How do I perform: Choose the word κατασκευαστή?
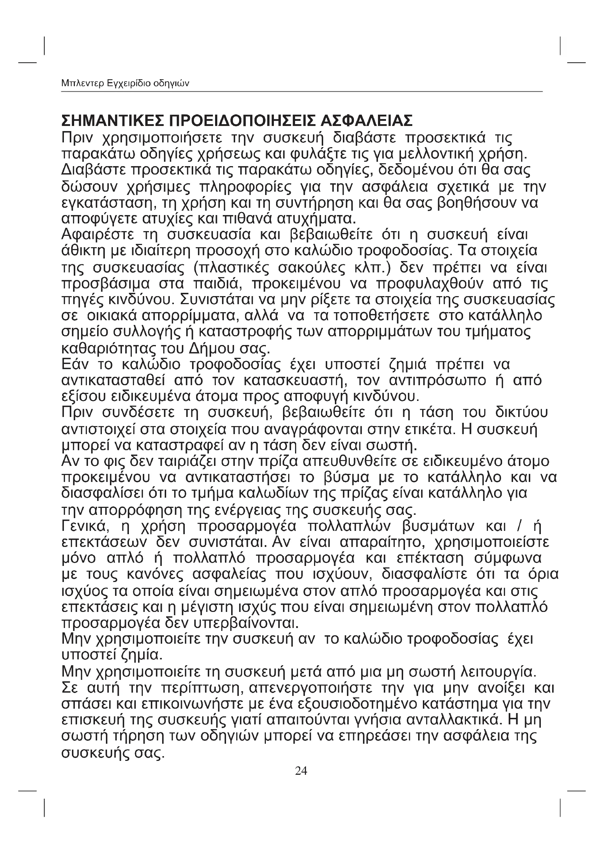pos(295,380)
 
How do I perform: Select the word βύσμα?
pos(347,477)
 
